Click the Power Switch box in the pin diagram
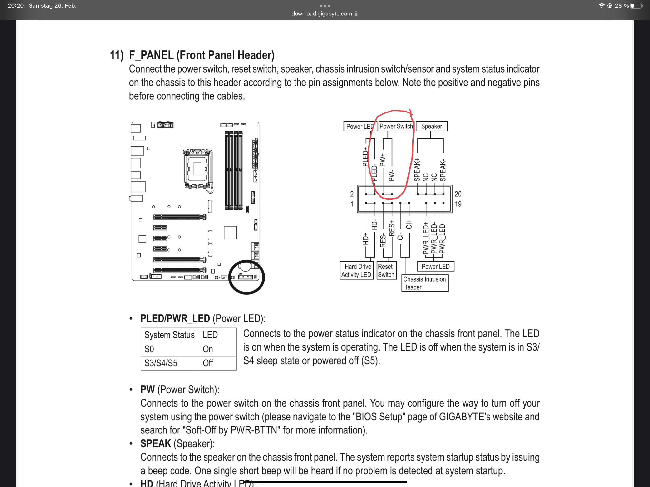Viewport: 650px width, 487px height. [396, 126]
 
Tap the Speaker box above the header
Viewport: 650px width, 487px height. [431, 126]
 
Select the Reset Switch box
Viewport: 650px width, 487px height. [386, 271]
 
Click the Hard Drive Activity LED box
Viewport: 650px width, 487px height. [356, 271]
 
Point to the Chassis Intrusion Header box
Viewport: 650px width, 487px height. [425, 283]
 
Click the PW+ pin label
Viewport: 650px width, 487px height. [382, 160]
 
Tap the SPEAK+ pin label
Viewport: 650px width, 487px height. [417, 170]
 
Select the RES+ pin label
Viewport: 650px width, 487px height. [392, 229]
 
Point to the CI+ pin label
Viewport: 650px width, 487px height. [409, 224]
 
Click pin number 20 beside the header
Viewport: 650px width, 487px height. [458, 194]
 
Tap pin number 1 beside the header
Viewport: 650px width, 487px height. [352, 204]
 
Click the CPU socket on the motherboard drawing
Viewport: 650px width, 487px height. [197, 169]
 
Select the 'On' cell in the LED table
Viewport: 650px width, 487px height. [208, 349]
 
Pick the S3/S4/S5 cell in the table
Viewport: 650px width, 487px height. [161, 363]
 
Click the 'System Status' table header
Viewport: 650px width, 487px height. [170, 335]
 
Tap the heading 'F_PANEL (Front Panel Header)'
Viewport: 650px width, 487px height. [202, 55]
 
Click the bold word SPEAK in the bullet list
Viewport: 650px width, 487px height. [155, 443]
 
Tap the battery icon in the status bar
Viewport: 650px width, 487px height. [636, 5]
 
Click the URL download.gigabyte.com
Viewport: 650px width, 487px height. [321, 14]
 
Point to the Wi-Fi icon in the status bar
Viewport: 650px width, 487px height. [601, 5]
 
